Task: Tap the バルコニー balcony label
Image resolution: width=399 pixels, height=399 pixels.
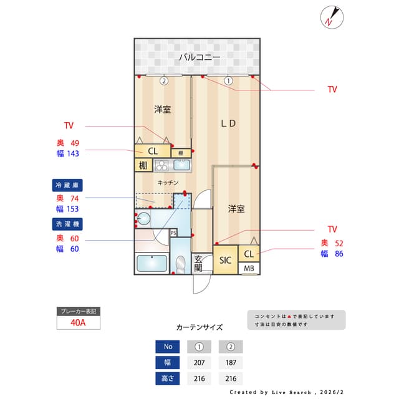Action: click(199, 57)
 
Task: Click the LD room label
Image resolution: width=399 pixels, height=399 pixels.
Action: click(228, 123)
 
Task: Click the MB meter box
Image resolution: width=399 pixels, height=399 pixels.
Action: click(249, 269)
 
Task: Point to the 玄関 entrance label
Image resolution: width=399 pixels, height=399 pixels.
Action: click(199, 263)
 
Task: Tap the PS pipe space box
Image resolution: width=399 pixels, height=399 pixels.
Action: click(173, 233)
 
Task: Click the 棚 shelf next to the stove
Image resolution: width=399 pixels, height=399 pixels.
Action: click(143, 165)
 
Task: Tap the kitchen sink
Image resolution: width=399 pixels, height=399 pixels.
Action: click(181, 165)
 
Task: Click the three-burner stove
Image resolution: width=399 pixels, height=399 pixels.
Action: click(161, 165)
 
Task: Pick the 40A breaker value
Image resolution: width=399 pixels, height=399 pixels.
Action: click(79, 323)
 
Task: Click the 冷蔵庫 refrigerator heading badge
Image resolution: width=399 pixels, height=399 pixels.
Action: click(67, 185)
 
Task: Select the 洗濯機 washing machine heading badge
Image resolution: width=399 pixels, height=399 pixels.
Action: click(67, 223)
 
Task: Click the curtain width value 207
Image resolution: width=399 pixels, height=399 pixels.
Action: click(199, 362)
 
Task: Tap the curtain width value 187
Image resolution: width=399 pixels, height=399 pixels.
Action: click(230, 362)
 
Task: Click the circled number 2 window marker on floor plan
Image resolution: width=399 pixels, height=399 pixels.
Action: click(163, 80)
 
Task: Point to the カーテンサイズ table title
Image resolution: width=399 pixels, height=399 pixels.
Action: click(199, 327)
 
